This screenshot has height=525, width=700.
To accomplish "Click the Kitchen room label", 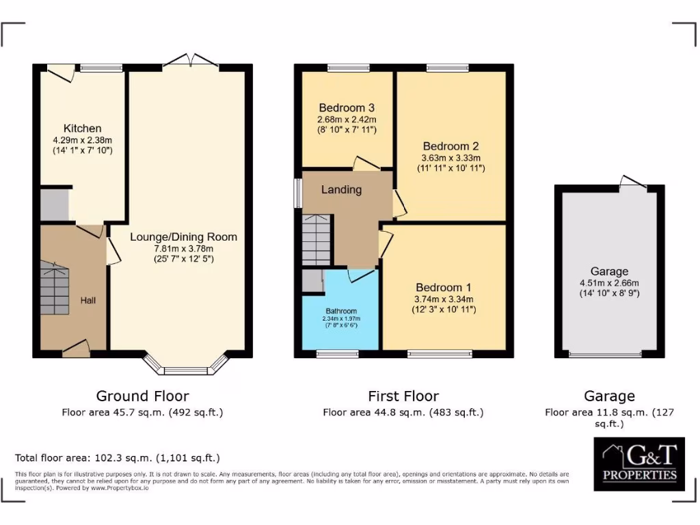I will point(82,129).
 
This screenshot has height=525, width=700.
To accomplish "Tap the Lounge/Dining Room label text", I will point(184,237).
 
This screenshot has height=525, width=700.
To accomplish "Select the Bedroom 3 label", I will point(347,108).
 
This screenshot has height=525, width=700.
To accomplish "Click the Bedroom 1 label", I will point(443,288).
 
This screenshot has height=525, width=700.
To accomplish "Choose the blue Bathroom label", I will point(340,311).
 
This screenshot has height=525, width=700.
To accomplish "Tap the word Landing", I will point(341,190).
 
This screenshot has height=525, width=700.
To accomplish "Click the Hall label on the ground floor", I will point(88,300).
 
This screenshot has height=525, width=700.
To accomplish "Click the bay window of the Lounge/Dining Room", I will point(186,366).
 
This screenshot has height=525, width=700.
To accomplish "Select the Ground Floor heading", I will point(142,396).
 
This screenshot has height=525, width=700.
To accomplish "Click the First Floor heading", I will point(403,396).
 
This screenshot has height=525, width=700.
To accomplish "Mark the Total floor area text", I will point(118,458).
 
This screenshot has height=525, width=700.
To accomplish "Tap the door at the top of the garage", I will point(633,182).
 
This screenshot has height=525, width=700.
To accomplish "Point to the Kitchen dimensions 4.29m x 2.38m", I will point(82,140).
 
